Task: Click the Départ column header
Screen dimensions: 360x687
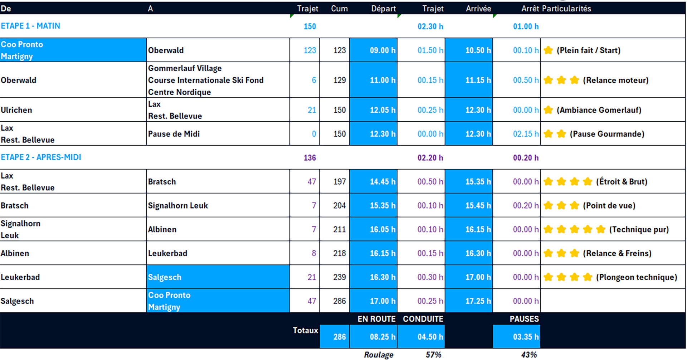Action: tap(383, 9)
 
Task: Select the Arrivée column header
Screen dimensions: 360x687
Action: tap(478, 9)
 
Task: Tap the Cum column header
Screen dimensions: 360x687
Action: tap(339, 9)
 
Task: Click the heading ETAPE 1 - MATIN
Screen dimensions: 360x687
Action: tap(30, 26)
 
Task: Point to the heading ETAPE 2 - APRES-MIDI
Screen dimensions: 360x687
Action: tap(41, 157)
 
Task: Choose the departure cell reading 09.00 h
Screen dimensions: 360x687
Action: tap(382, 50)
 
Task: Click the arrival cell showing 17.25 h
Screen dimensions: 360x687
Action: tap(478, 301)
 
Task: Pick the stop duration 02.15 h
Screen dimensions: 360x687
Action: tap(525, 134)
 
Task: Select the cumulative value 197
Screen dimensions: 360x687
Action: tap(339, 182)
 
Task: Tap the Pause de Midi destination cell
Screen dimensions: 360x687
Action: tap(174, 134)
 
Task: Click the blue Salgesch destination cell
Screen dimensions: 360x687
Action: tap(165, 277)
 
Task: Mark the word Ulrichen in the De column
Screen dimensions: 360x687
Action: tap(16, 110)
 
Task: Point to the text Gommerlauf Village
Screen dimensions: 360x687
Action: tap(185, 68)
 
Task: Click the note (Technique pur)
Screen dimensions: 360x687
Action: tap(639, 229)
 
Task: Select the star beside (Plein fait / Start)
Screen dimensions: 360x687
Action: tap(548, 50)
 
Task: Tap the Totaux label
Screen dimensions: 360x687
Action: tap(305, 331)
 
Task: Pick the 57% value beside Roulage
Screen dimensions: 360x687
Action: tap(433, 355)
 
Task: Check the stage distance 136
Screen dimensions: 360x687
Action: tap(310, 158)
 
